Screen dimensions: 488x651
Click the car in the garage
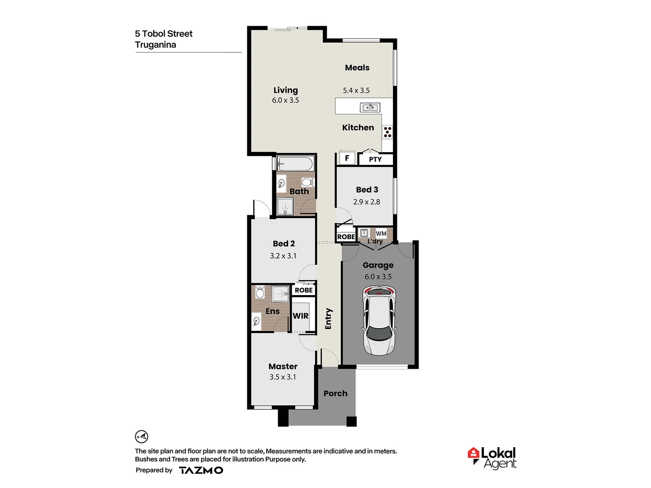click(379, 320)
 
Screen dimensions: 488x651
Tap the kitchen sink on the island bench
click(370, 108)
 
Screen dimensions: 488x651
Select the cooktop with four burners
click(387, 132)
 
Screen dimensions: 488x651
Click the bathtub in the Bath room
click(295, 164)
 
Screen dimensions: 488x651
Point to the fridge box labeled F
click(347, 158)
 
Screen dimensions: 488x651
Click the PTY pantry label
click(375, 160)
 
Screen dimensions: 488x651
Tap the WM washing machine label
click(381, 234)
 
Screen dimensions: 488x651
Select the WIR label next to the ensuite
click(301, 316)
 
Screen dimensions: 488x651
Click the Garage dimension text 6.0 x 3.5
click(378, 277)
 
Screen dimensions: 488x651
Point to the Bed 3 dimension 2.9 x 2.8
click(367, 202)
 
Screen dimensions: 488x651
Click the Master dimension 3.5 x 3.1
click(283, 377)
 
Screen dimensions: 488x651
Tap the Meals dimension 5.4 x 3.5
click(356, 90)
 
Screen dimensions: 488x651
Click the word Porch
click(335, 394)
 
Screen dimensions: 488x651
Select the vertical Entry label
click(329, 319)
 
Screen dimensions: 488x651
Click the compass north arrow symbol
click(142, 436)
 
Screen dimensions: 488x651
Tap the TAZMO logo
click(201, 470)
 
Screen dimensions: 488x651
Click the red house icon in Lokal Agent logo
click(473, 453)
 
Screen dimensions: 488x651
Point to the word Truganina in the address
click(156, 45)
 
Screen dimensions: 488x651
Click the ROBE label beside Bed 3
click(346, 237)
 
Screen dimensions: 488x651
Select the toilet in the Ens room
click(260, 292)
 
